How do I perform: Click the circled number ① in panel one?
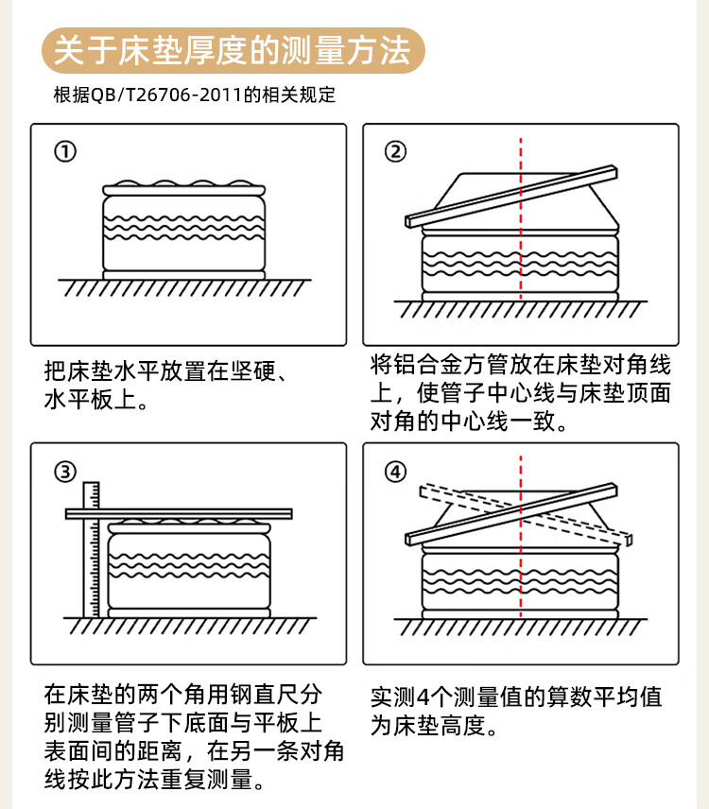[64, 152]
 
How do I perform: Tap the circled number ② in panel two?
[395, 152]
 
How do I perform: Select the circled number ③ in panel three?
[64, 472]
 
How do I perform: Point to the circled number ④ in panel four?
[395, 472]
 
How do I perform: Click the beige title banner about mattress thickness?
[233, 50]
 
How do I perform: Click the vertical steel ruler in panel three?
[91, 548]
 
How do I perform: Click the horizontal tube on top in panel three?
[180, 513]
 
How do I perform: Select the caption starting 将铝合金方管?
[520, 392]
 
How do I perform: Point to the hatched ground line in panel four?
[521, 628]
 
